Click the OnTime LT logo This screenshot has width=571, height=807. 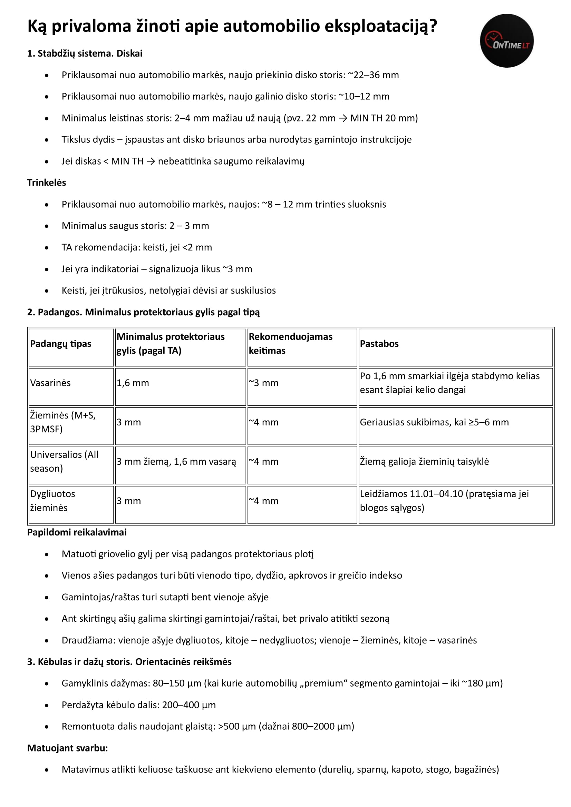(507, 41)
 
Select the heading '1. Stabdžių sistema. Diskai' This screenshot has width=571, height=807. (85, 53)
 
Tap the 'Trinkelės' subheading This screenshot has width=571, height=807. (46, 183)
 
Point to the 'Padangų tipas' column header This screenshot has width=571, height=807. (60, 344)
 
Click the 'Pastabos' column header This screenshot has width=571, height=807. (379, 344)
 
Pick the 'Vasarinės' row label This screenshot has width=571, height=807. (50, 383)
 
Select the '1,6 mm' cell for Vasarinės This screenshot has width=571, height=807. (133, 383)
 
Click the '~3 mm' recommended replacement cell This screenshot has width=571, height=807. (263, 383)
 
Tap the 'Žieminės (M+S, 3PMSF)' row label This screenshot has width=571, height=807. (62, 422)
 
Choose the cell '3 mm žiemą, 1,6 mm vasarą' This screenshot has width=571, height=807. (176, 462)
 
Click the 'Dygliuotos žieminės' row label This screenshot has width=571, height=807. (52, 501)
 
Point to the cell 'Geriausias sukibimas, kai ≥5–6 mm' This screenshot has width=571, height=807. (434, 422)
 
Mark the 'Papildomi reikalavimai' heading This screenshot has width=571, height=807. (77, 532)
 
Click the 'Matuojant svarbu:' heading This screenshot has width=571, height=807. (68, 748)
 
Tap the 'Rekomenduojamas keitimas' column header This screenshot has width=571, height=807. (290, 343)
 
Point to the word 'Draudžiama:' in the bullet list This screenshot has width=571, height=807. (89, 640)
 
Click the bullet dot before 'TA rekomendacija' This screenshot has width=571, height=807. (47, 248)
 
